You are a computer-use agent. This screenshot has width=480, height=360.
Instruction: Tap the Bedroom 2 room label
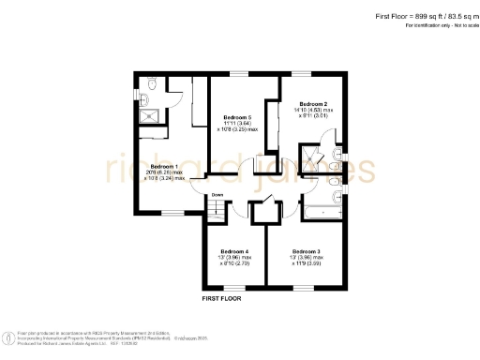click(x=312, y=103)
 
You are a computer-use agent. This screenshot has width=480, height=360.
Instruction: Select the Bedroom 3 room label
click(x=305, y=251)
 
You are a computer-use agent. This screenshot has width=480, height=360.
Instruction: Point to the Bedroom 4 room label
click(x=234, y=251)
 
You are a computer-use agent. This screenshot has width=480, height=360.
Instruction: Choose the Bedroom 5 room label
click(x=237, y=117)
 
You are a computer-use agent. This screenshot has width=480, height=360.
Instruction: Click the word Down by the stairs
click(x=217, y=195)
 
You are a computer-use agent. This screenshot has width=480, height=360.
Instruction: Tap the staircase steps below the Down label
click(x=217, y=212)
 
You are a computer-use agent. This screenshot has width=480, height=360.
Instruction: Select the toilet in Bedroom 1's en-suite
click(x=152, y=90)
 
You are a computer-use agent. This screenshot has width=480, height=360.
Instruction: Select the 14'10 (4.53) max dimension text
click(x=313, y=111)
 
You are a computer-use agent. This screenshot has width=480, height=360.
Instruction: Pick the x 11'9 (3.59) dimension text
click(x=305, y=265)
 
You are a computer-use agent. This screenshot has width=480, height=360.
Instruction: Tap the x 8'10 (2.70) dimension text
click(x=234, y=265)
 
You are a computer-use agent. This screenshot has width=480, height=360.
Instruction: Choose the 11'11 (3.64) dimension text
click(x=237, y=124)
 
